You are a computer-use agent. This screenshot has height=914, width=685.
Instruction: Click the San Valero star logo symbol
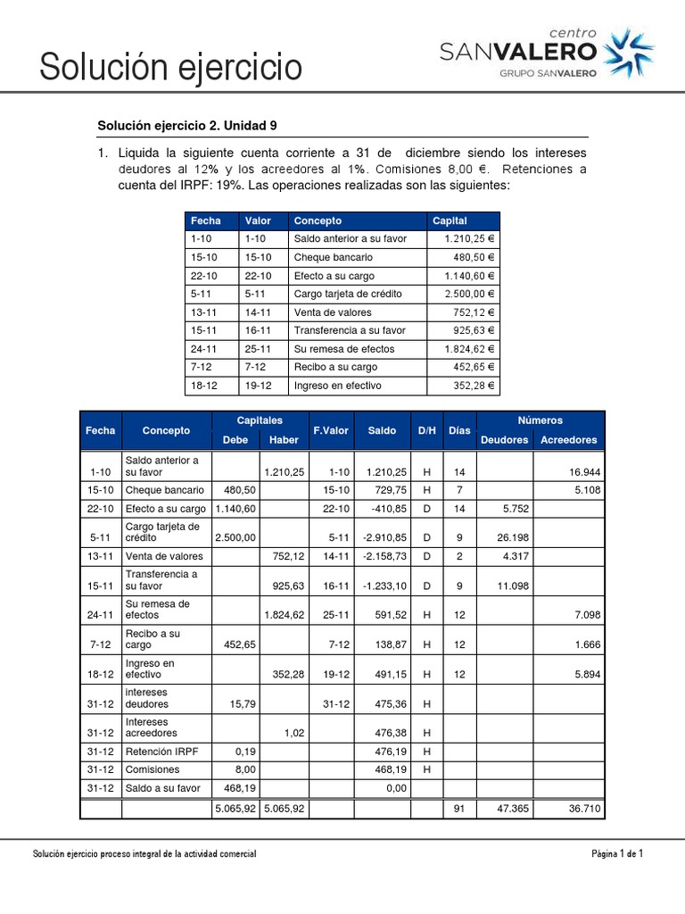click(629, 53)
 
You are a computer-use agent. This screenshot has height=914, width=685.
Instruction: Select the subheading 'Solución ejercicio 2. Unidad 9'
click(193, 126)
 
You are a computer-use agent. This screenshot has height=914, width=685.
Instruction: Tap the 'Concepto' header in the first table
click(318, 220)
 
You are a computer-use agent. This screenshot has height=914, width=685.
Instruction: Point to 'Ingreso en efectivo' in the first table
click(337, 386)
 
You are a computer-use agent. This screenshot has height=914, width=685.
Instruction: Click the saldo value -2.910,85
click(383, 537)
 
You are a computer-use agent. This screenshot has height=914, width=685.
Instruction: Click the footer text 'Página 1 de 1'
click(617, 854)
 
